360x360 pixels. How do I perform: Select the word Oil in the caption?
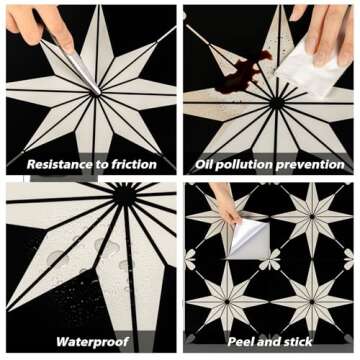click(x=206, y=164)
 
